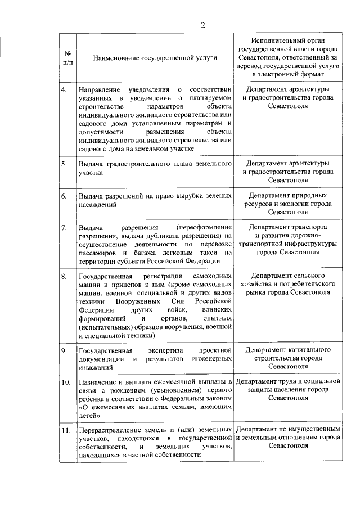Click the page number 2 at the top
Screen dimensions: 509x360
pyautogui.click(x=203, y=24)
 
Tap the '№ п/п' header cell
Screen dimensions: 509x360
pyautogui.click(x=68, y=57)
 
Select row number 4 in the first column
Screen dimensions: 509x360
pyautogui.click(x=65, y=89)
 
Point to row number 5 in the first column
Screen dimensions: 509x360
pyautogui.click(x=65, y=164)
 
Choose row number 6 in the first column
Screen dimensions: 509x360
pyautogui.click(x=65, y=196)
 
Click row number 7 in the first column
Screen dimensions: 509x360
pyautogui.click(x=65, y=227)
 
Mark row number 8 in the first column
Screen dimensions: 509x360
pyautogui.click(x=65, y=277)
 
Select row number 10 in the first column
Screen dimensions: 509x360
pyautogui.click(x=66, y=382)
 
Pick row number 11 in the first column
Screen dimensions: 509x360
pyautogui.click(x=66, y=431)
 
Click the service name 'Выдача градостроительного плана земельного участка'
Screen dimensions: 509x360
pyautogui.click(x=155, y=168)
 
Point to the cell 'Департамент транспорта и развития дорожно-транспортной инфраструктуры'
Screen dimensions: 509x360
pyautogui.click(x=288, y=240)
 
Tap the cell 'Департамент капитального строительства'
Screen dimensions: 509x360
pyautogui.click(x=288, y=358)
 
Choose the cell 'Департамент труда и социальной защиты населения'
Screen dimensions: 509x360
pyautogui.click(x=288, y=390)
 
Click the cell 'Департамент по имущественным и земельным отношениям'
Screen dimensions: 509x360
pyautogui.click(x=288, y=438)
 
